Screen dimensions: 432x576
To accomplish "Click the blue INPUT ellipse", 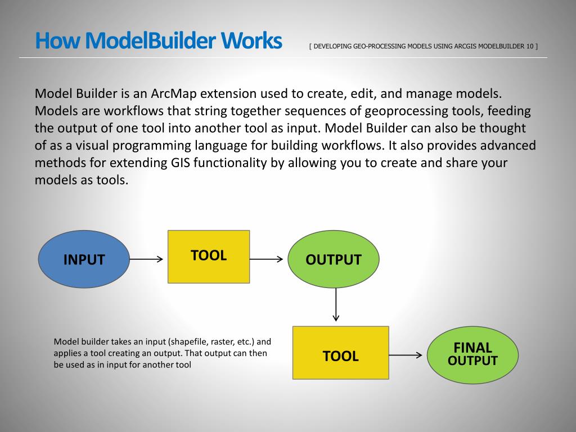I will (84, 259).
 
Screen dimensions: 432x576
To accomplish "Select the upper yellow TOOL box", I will (209, 256).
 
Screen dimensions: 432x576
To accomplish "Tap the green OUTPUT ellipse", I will (334, 259).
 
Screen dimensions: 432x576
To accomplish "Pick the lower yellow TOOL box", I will (340, 353).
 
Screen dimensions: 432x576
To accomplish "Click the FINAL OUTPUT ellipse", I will (472, 355).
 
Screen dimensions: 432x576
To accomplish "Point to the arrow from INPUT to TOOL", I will (146, 259).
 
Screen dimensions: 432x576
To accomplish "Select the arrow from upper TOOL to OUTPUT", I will (266, 259).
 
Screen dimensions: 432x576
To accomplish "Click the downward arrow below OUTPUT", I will (336, 304).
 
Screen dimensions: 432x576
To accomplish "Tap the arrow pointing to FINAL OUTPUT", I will (405, 355).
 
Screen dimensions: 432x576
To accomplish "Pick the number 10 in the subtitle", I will (530, 46).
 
